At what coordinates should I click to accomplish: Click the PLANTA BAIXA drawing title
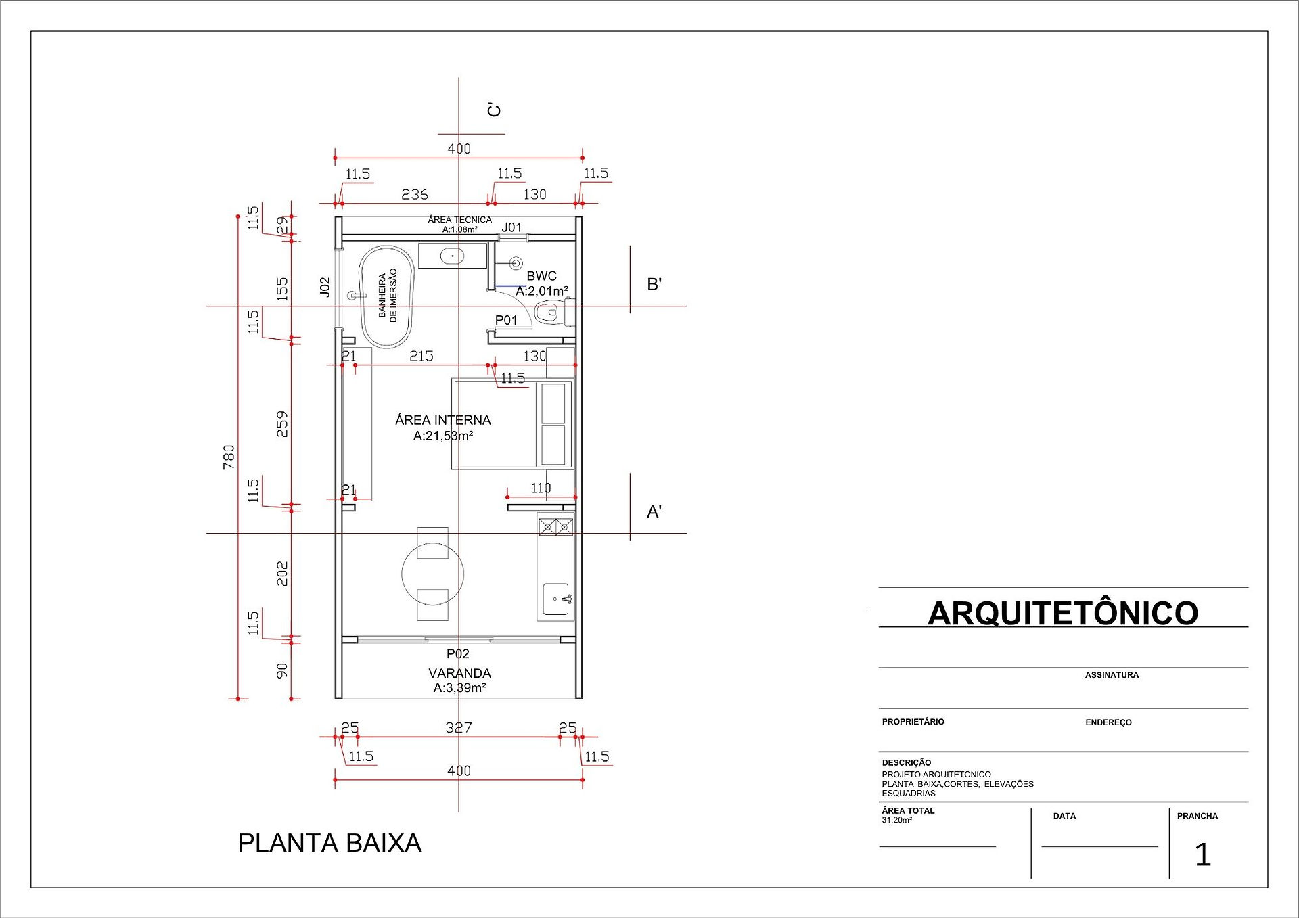(329, 843)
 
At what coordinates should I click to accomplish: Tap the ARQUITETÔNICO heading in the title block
(1063, 613)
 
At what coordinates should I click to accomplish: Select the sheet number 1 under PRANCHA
(1202, 854)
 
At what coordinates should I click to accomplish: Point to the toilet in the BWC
(549, 313)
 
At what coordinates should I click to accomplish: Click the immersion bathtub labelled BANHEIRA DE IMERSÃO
(386, 297)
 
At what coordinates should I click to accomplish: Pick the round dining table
(433, 574)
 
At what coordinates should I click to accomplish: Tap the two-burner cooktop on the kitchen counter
(556, 526)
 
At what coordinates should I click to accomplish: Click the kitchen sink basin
(556, 599)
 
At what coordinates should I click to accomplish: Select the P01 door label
(506, 320)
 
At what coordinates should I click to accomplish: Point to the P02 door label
(458, 653)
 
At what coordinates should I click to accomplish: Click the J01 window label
(512, 227)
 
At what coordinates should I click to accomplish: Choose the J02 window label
(325, 287)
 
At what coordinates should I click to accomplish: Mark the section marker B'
(654, 284)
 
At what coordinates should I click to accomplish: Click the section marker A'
(654, 511)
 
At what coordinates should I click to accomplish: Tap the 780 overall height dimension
(229, 457)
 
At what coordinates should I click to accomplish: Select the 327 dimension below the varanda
(459, 727)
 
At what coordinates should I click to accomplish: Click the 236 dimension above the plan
(415, 194)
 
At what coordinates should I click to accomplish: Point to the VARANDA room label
(459, 673)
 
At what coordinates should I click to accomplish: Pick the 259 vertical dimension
(282, 423)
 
